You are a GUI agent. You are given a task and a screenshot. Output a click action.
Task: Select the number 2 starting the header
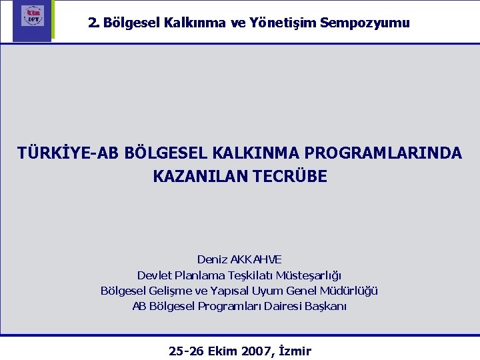[92, 23]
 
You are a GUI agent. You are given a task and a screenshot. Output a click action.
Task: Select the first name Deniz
[211, 259]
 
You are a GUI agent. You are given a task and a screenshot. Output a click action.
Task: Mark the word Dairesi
[278, 307]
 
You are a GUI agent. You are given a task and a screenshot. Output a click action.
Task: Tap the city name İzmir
[293, 351]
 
